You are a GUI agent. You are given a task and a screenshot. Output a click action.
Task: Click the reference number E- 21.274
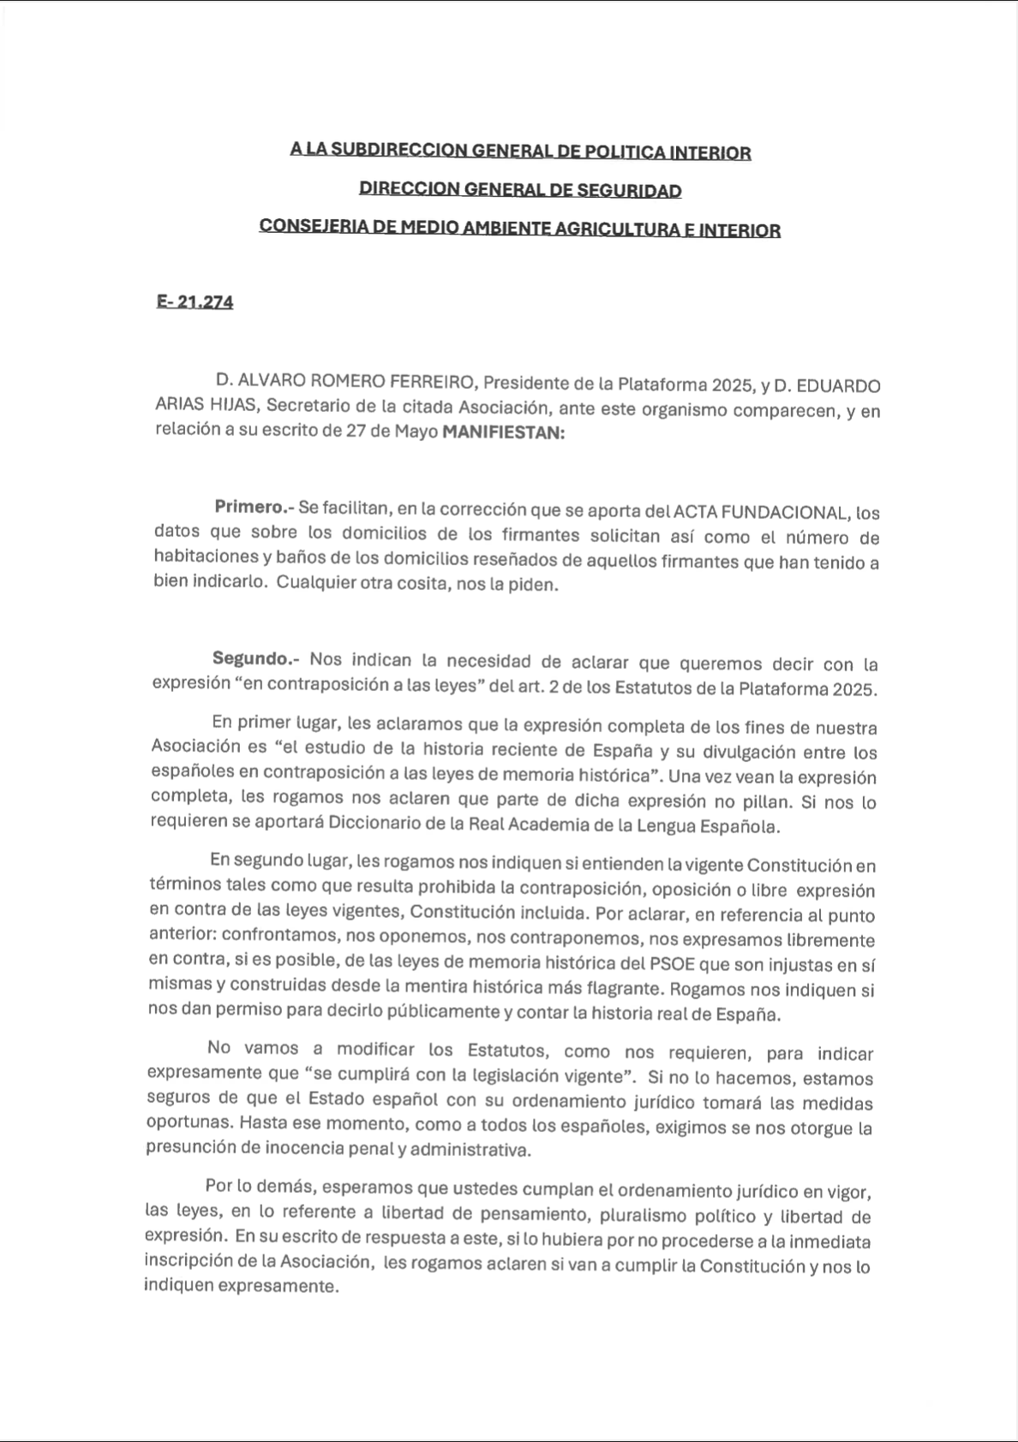(x=195, y=302)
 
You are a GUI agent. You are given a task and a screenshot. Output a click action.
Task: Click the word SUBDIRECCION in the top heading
(x=401, y=151)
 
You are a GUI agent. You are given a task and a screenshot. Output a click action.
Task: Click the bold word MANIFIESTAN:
(x=503, y=433)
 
